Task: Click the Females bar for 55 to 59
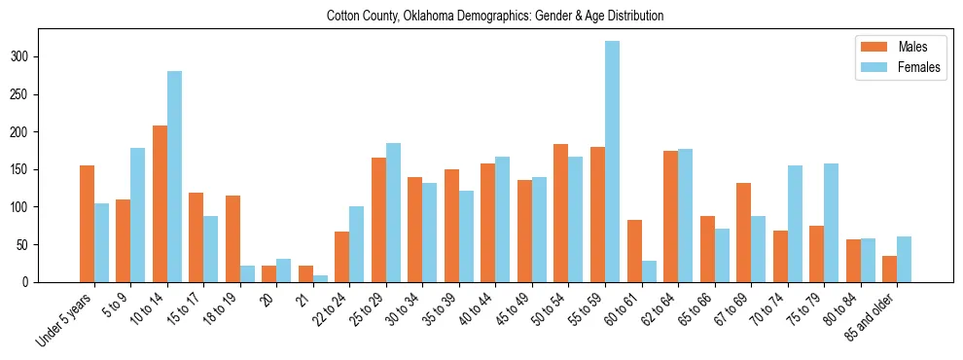(x=612, y=162)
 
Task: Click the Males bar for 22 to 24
(x=342, y=257)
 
